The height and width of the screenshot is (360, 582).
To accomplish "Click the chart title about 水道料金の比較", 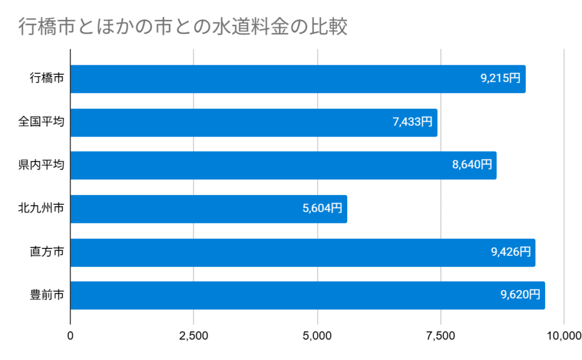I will [182, 27].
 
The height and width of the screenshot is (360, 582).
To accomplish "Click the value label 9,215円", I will [500, 79].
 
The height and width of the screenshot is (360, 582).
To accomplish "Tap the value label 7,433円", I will [412, 122].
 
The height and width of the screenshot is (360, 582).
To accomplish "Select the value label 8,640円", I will [472, 165].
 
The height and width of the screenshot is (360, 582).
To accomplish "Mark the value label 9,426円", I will [510, 252].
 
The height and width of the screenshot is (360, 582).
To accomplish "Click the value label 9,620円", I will [520, 295].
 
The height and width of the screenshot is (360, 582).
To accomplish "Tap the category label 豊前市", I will [47, 295].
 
